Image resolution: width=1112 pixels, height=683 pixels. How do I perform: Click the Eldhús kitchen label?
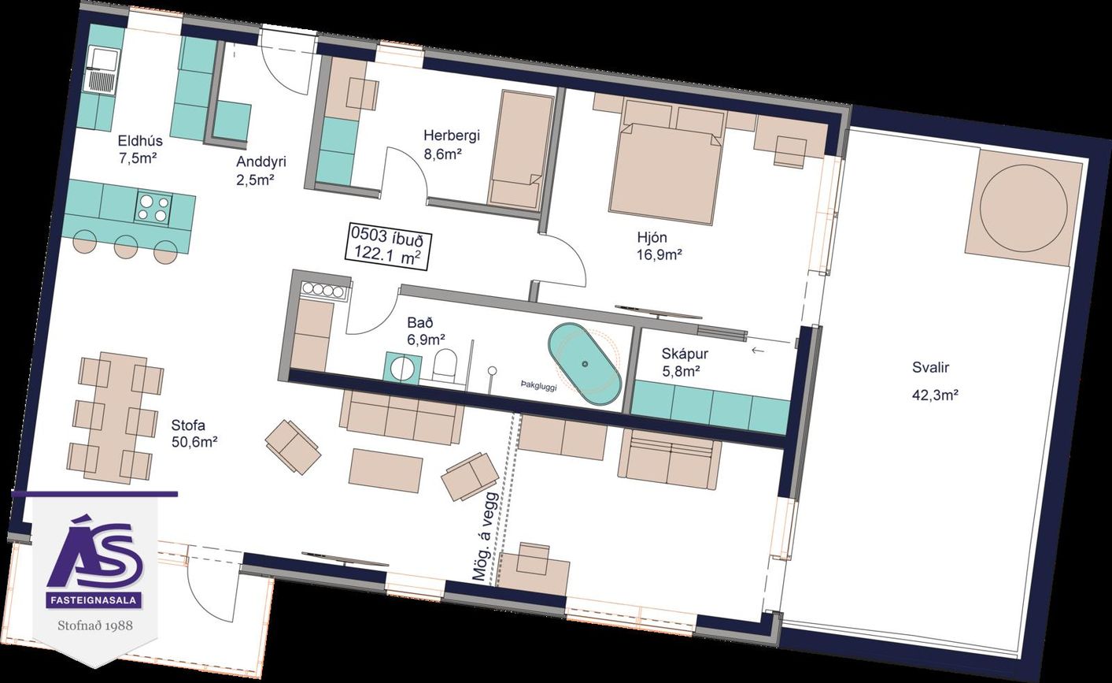coord(139,141)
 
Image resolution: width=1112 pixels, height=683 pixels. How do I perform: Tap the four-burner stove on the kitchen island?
coord(153,207)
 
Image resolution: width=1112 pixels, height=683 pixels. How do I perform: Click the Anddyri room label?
coord(261,162)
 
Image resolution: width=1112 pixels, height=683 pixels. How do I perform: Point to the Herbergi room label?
coord(451,135)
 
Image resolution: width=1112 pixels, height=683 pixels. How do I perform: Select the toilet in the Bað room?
coord(445,366)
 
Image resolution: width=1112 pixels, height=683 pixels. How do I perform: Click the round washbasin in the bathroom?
coord(401,367)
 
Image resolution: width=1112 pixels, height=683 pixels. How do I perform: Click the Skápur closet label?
coord(684,354)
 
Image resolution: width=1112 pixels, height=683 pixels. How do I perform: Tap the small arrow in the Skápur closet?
coord(757,351)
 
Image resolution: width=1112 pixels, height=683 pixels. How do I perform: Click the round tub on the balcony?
coord(1023,210)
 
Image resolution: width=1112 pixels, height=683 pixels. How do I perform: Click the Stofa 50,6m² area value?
coord(194,442)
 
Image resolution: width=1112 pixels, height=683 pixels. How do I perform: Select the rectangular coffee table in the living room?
coord(386,470)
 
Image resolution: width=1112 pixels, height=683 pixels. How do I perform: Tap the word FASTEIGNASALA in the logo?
coord(94,600)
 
